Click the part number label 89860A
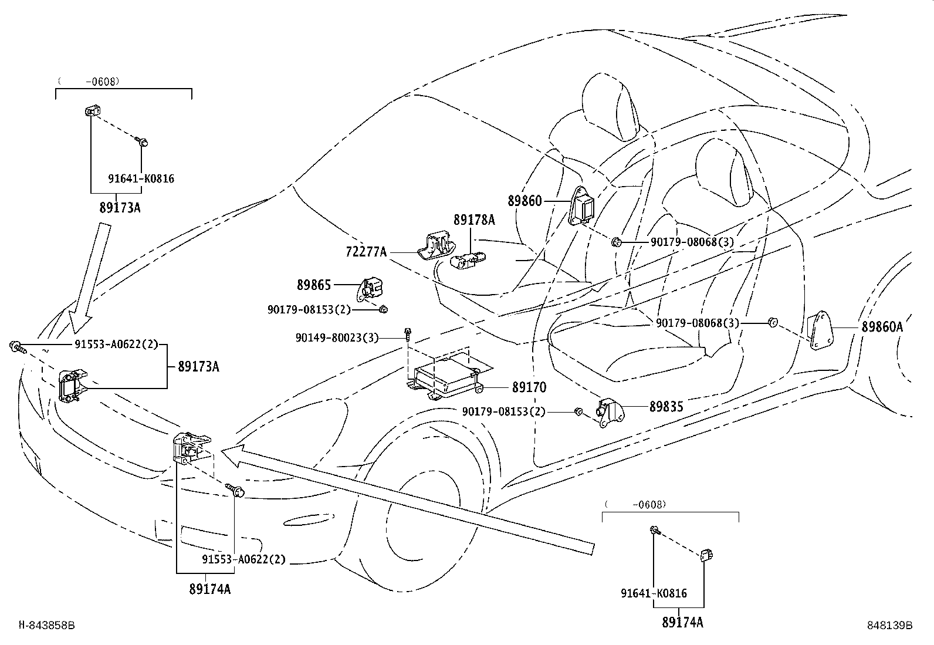coord(882,327)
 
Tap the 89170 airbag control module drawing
coord(445,376)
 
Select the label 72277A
coord(366,252)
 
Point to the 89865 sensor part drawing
coord(370,289)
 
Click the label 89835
coord(666,406)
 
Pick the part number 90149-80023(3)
coord(337,337)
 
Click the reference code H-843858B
coord(47,625)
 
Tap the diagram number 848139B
coord(890,625)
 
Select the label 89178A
coord(474,220)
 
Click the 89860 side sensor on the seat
coord(581,206)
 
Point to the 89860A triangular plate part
coord(820,330)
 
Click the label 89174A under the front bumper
coord(209,589)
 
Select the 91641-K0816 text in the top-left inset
coord(141,178)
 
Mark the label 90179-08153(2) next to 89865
coord(309,309)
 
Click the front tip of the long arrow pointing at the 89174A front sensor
coord(221,451)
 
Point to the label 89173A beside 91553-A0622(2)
coord(198,366)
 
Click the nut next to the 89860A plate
coord(772,322)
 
